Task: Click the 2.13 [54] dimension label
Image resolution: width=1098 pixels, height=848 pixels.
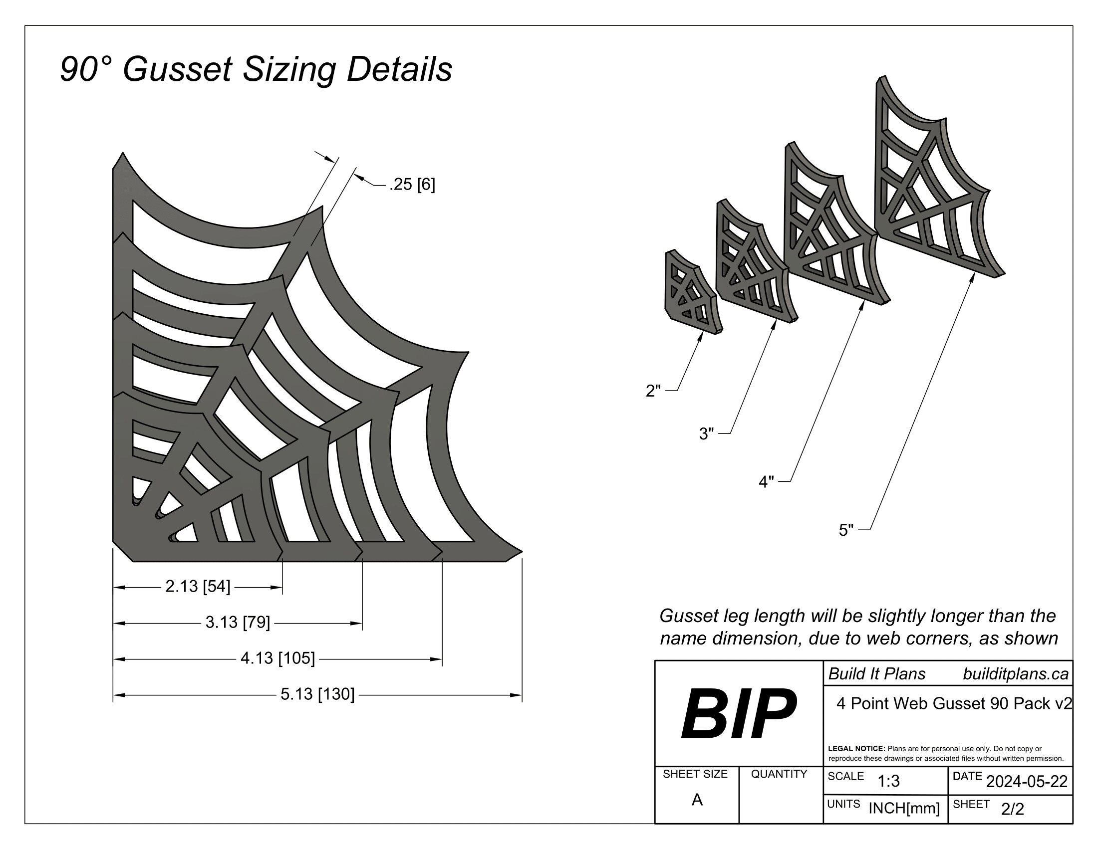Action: (x=198, y=586)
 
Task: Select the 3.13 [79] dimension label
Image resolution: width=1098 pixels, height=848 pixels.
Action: (x=238, y=623)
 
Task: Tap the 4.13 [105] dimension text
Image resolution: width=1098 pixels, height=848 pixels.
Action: (x=277, y=658)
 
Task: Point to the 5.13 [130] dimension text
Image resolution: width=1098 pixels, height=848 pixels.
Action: (x=317, y=694)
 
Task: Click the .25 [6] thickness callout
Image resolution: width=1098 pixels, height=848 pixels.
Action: (x=412, y=185)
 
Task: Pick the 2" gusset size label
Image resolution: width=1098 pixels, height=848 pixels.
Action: (x=653, y=391)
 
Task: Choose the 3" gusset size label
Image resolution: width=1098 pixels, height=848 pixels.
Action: (x=706, y=433)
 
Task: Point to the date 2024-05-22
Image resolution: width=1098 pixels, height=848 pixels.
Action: (x=1027, y=782)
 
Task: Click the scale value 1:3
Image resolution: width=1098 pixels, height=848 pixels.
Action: (x=888, y=782)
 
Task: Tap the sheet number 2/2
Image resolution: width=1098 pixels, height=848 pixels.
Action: (x=1013, y=809)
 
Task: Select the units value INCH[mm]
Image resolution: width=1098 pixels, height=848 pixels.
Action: (x=904, y=808)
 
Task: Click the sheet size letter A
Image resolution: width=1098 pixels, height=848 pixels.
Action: (x=697, y=800)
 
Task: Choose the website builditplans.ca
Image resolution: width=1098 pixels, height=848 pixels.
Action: (x=1016, y=674)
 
